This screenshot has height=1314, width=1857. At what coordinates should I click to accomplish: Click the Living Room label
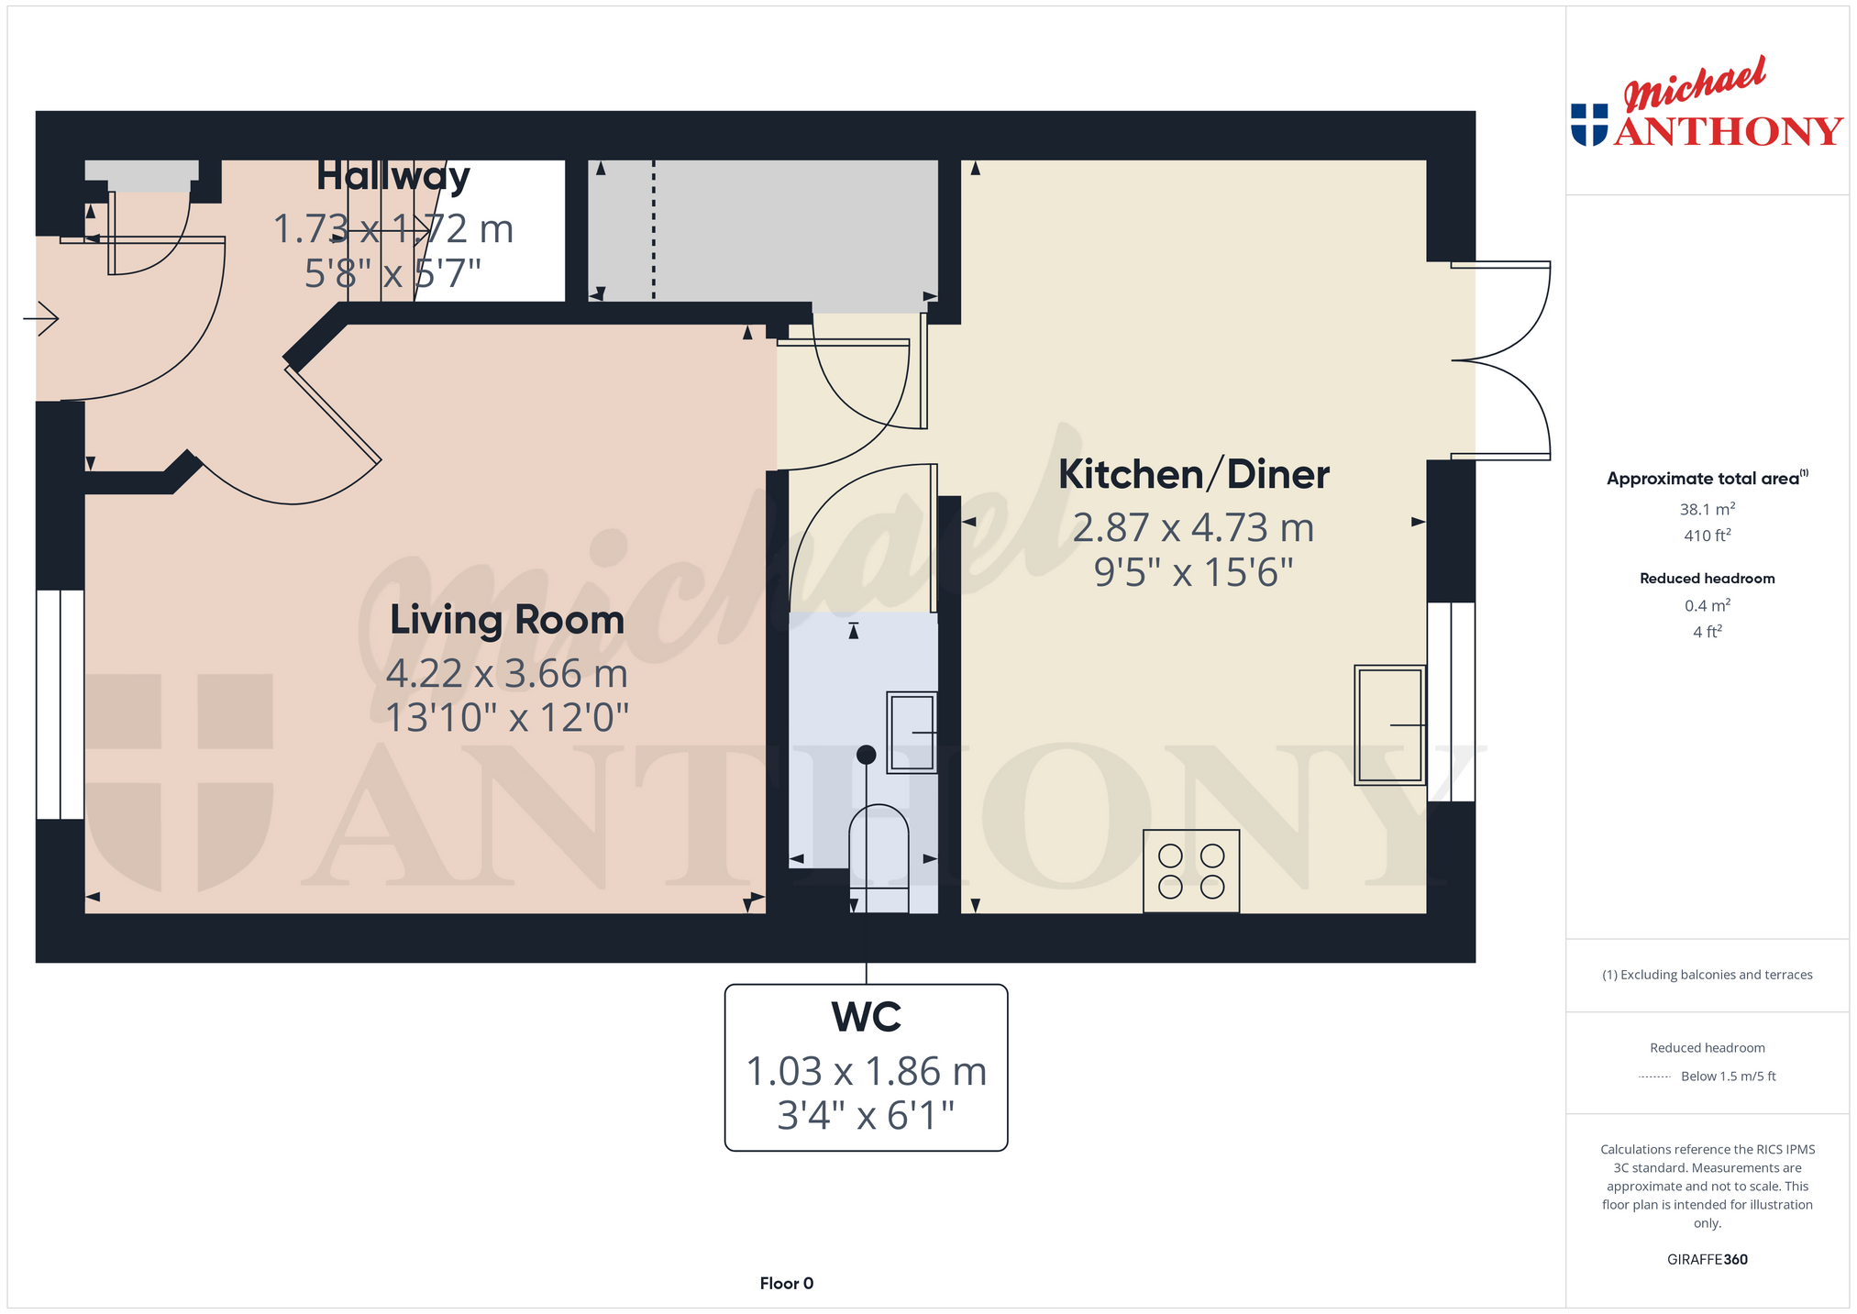(507, 621)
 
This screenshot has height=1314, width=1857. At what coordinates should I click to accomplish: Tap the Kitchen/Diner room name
(1194, 475)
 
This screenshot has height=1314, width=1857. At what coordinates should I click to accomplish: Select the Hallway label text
(393, 176)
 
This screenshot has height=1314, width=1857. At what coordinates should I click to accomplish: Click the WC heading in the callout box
(866, 1017)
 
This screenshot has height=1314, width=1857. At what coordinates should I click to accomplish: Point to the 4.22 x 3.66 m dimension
(507, 674)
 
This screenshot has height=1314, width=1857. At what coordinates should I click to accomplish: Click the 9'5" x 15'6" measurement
(1194, 573)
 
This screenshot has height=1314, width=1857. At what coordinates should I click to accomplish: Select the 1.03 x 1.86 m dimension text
(867, 1071)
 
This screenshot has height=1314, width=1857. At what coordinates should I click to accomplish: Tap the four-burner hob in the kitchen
(1191, 871)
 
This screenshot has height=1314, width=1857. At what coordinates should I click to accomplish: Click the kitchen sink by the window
(1390, 725)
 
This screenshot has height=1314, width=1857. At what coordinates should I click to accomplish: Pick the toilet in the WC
(879, 858)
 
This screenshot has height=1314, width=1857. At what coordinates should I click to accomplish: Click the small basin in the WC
(912, 733)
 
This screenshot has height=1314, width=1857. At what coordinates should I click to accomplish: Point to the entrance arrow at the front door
(40, 319)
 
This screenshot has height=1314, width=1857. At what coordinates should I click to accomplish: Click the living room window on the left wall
(61, 704)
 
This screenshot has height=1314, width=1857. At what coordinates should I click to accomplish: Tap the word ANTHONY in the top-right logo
(1728, 131)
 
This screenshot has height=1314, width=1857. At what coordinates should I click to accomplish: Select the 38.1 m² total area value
(1708, 509)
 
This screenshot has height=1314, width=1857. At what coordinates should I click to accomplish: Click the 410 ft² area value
(1708, 536)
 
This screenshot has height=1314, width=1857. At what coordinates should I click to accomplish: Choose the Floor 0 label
(787, 1284)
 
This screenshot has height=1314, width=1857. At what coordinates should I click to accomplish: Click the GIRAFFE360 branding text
(1708, 1260)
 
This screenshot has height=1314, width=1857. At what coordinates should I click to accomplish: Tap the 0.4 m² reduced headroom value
(1708, 605)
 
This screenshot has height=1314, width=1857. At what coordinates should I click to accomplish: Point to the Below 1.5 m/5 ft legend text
(1729, 1077)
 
